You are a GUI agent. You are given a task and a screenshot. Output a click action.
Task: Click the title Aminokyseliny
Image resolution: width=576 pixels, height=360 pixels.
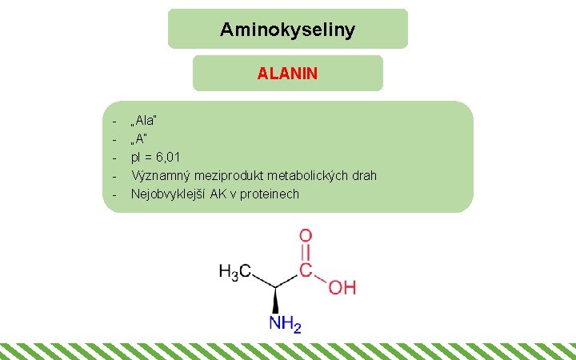click(x=287, y=30)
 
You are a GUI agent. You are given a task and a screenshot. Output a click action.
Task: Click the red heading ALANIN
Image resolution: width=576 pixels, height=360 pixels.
click(x=287, y=74)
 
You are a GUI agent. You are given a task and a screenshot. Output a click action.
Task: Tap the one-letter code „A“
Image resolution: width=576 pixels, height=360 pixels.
click(x=141, y=138)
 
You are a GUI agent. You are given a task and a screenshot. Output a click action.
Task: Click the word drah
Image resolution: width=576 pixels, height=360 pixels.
click(x=362, y=175)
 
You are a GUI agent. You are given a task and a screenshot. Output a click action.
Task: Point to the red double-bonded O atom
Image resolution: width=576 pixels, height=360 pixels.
click(x=306, y=238)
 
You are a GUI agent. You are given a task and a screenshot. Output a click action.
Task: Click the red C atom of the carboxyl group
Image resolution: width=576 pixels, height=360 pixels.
click(x=306, y=271)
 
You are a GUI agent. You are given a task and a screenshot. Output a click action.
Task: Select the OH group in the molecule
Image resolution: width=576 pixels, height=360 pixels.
click(x=342, y=287)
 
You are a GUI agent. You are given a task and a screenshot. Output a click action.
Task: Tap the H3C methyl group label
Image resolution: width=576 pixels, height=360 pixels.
click(x=235, y=272)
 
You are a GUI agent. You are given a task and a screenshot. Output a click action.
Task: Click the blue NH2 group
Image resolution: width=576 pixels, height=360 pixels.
click(x=285, y=324)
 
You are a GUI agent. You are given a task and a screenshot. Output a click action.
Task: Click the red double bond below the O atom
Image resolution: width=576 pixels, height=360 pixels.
click(x=306, y=254)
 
